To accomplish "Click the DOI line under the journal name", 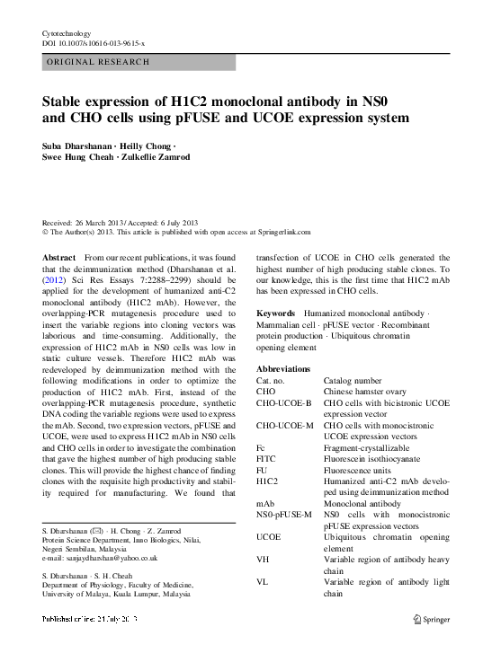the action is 94,43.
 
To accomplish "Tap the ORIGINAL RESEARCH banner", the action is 97,62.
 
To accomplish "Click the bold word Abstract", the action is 59,258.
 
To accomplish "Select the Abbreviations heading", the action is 283,369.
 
